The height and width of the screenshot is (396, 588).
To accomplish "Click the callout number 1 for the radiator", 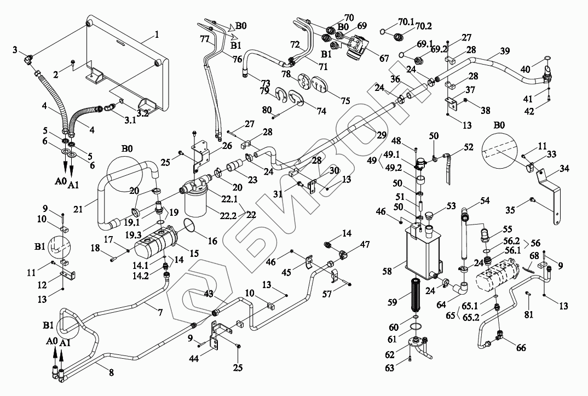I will pyautogui.click(x=157, y=35).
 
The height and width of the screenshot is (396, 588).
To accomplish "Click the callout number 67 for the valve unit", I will pyautogui.click(x=384, y=58).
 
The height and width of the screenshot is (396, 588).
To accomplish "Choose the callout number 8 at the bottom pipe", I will pyautogui.click(x=111, y=372).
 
